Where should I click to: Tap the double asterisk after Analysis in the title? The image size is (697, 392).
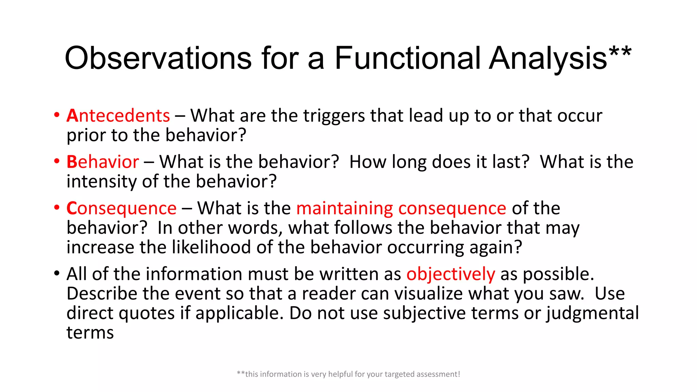pyautogui.click(x=620, y=53)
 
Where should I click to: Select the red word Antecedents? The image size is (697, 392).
pyautogui.click(x=118, y=116)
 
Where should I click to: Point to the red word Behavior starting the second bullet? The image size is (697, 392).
pyautogui.click(x=102, y=162)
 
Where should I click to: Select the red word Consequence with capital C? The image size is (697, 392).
pyautogui.click(x=121, y=208)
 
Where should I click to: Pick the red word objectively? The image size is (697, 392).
pyautogui.click(x=451, y=274)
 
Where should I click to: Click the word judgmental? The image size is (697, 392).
pyautogui.click(x=593, y=313)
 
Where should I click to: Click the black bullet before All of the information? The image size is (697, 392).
pyautogui.click(x=57, y=273)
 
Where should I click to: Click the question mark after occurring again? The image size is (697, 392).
pyautogui.click(x=518, y=247)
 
